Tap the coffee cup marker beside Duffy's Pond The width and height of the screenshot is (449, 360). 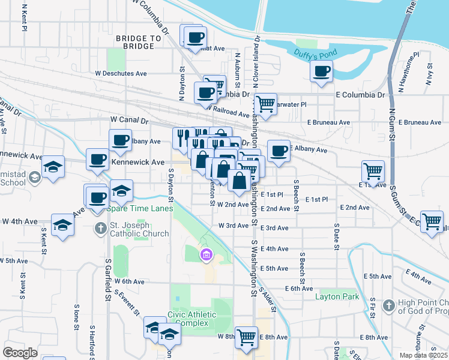click(321, 72)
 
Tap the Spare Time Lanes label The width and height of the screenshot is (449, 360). click(139, 209)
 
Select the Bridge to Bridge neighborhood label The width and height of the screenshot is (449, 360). click(139, 42)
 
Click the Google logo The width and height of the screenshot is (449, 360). click(20, 352)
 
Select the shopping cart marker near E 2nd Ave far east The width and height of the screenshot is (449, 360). click(432, 221)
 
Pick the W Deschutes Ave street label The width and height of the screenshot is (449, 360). click(121, 74)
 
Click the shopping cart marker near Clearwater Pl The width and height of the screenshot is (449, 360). click(265, 104)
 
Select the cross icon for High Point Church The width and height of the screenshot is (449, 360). click(388, 306)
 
